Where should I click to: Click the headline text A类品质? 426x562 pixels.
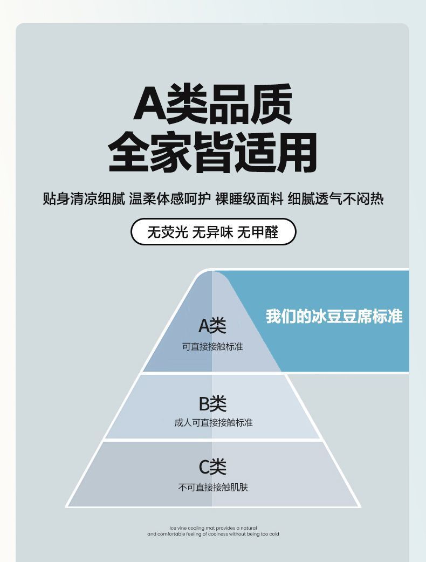[x=213, y=104]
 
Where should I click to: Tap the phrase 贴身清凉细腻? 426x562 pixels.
[x=84, y=198]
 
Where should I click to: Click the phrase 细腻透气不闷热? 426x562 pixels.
[x=335, y=198]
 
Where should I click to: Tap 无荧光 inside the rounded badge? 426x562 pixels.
[x=168, y=232]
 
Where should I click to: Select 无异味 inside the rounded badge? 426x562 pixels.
[x=213, y=232]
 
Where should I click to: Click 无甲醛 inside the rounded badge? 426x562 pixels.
[x=258, y=232]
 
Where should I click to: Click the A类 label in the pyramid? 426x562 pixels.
[x=212, y=326]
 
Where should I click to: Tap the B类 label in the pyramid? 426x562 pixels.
[x=212, y=403]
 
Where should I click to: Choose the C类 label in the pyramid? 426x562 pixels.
[x=212, y=467]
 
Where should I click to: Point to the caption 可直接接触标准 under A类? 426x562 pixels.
[x=212, y=346]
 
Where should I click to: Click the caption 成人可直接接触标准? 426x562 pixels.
[x=213, y=422]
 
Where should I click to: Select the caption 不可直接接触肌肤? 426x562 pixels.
[x=213, y=487]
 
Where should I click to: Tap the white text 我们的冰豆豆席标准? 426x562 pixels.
[x=334, y=316]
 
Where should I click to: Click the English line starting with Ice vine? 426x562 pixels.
[x=213, y=527]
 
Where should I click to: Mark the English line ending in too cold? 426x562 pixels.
[x=213, y=534]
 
